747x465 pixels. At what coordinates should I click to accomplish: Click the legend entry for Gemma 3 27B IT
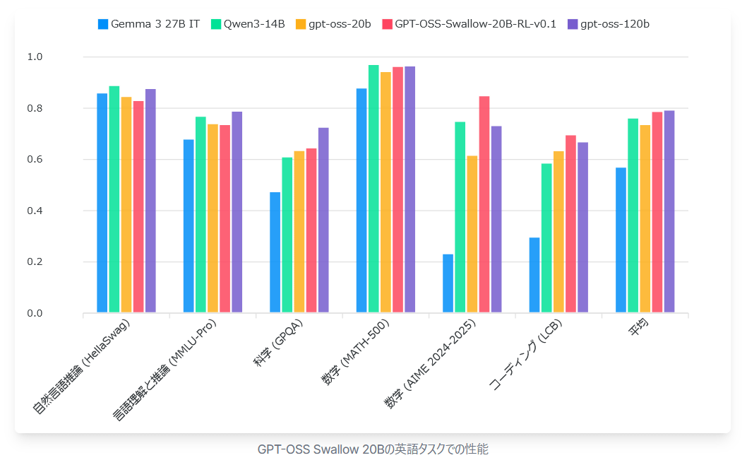149,24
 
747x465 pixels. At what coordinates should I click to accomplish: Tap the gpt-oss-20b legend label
333,24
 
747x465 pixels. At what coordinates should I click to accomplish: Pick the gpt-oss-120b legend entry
608,24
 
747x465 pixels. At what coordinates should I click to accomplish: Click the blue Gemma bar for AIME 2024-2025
448,283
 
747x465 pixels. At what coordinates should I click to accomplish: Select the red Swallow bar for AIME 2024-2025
484,205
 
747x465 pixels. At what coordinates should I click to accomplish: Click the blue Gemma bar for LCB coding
534,276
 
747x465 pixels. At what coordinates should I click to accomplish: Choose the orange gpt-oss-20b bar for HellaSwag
126,205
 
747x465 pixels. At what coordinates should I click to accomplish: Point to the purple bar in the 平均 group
669,212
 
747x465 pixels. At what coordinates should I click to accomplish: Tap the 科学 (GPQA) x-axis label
278,346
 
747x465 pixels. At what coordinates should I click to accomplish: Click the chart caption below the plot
373,449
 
